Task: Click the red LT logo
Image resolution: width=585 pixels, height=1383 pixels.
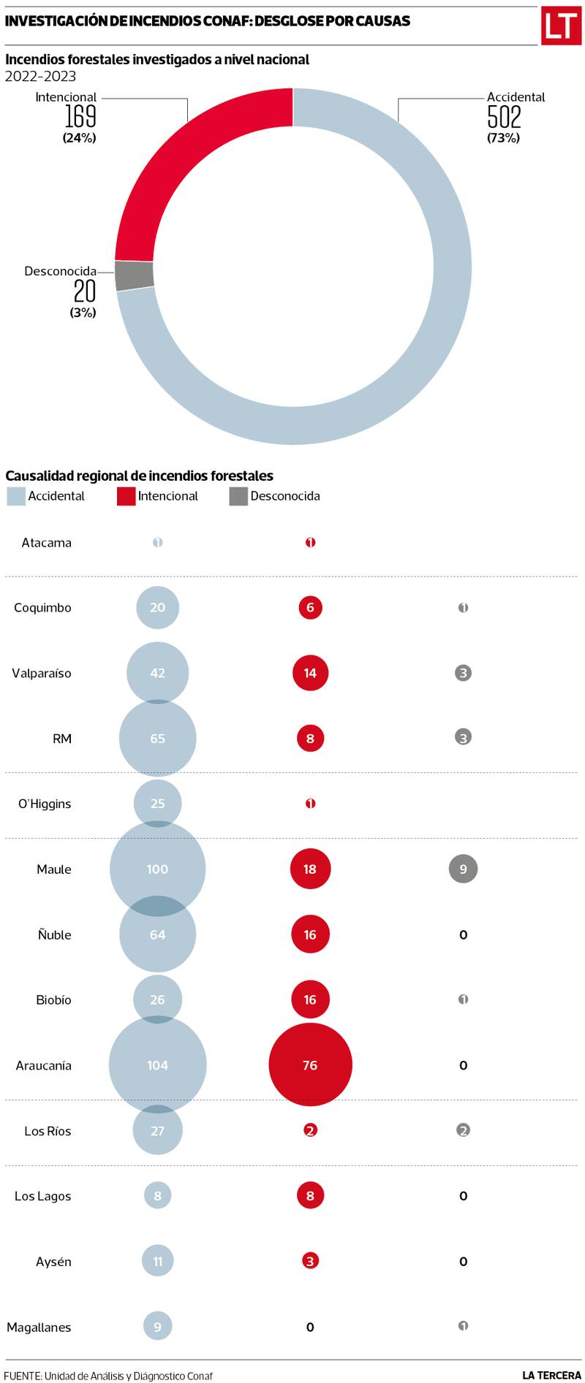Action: (x=561, y=26)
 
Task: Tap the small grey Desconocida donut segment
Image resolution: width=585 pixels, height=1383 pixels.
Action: (x=135, y=275)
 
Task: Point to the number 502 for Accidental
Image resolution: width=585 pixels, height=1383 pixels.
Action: (x=504, y=117)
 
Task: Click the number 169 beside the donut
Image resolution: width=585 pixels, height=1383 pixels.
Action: (x=80, y=117)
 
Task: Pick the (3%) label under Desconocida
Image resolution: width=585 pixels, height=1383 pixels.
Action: (x=83, y=312)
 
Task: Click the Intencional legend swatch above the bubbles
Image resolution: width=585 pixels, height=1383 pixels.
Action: (x=126, y=497)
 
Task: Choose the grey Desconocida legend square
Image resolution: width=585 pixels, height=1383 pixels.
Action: (x=238, y=497)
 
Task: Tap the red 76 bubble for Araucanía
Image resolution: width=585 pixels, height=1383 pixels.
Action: (x=310, y=1064)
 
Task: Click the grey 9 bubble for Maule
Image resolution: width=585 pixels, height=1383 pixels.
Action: (x=463, y=869)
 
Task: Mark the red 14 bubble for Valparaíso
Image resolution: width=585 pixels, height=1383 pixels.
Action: (x=310, y=673)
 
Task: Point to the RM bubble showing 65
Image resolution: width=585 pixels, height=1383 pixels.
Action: (x=157, y=738)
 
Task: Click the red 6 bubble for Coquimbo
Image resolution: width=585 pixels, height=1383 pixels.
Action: (x=310, y=607)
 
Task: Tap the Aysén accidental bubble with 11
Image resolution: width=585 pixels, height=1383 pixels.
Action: (x=157, y=1261)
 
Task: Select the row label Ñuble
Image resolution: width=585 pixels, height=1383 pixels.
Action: (x=54, y=934)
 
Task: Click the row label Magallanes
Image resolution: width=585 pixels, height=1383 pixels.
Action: (x=39, y=1327)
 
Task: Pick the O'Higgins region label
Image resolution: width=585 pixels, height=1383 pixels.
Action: (x=45, y=804)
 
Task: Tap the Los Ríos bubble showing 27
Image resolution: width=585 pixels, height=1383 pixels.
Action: (x=157, y=1130)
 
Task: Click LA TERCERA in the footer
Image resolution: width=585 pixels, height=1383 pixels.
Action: (x=551, y=1375)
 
